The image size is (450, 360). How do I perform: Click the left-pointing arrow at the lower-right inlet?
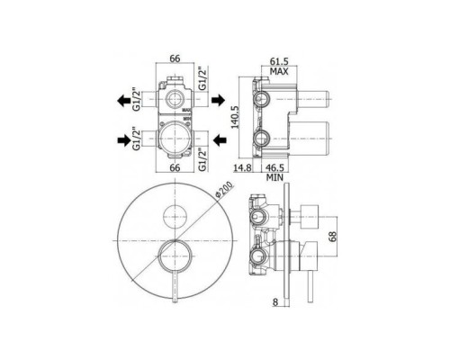[x=220, y=138]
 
